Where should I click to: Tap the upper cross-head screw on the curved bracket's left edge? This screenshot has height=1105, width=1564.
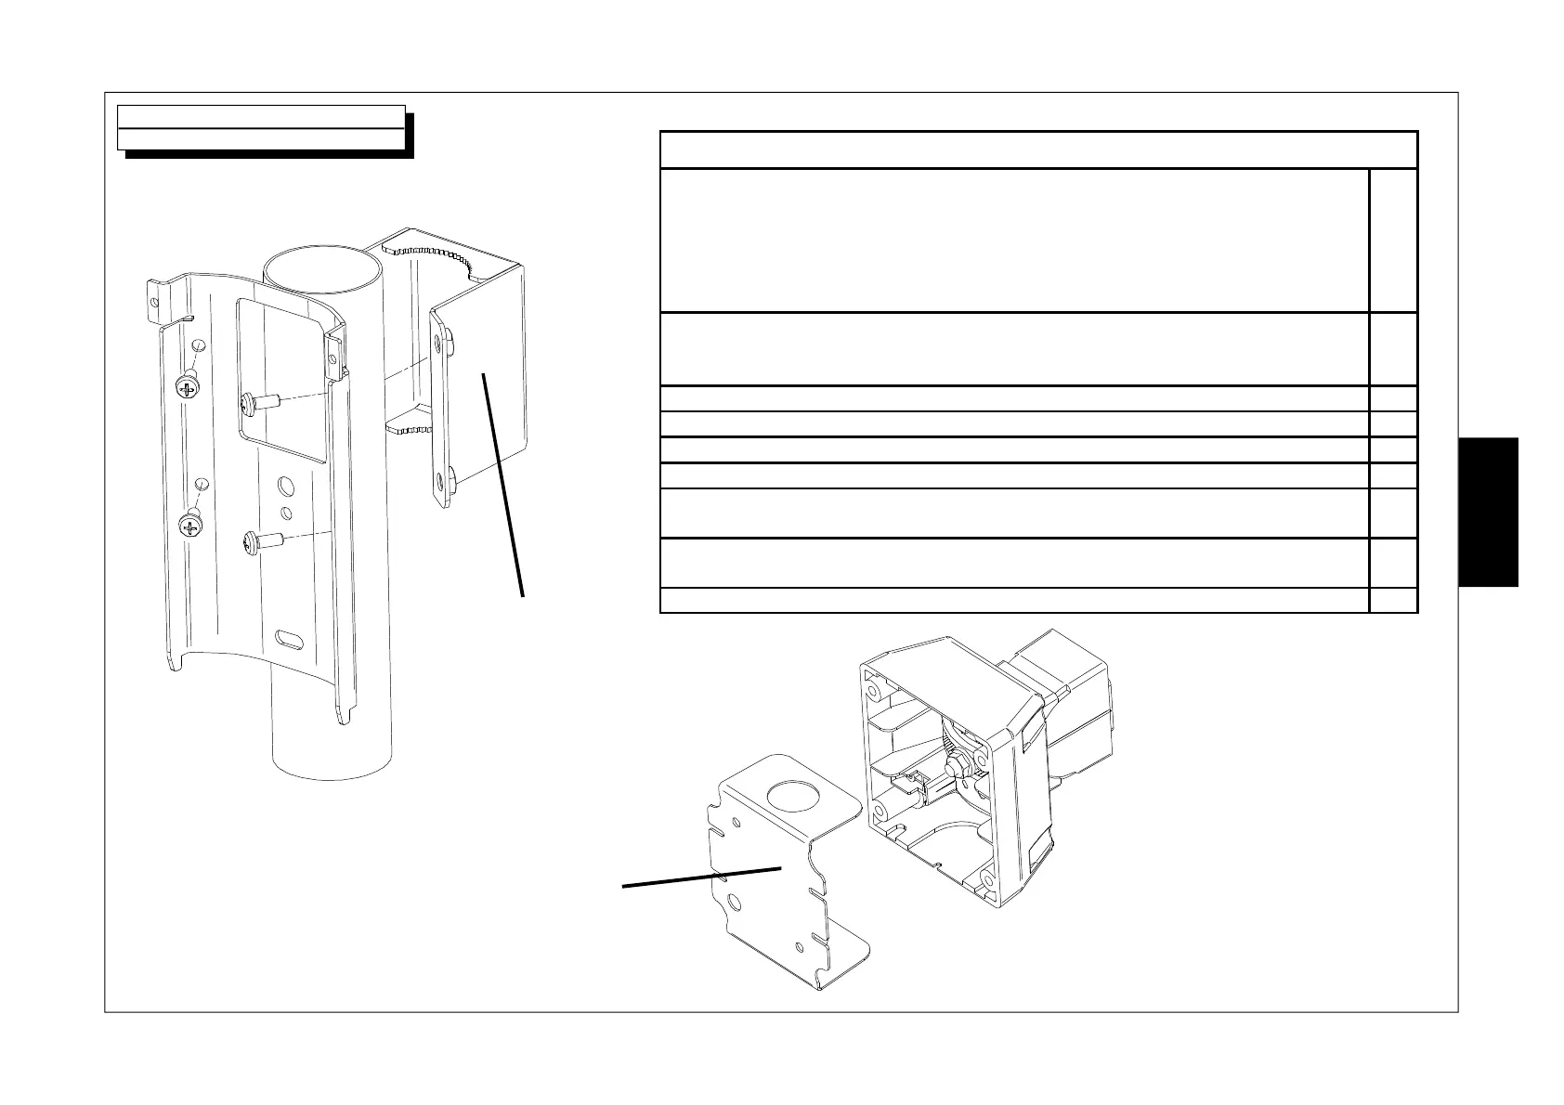point(189,387)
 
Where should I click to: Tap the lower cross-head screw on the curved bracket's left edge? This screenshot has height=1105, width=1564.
point(191,528)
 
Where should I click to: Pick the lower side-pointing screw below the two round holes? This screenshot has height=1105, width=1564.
point(253,541)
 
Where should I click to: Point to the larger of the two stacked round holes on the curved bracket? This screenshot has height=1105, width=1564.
point(286,487)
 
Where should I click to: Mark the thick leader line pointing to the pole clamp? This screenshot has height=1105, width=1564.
point(502,483)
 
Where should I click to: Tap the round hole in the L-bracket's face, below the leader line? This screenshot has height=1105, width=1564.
point(735,902)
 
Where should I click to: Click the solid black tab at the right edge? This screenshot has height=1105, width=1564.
point(1488,512)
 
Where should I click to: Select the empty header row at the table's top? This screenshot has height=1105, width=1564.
point(1037,149)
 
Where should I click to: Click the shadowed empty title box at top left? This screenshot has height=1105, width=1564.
point(261,127)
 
